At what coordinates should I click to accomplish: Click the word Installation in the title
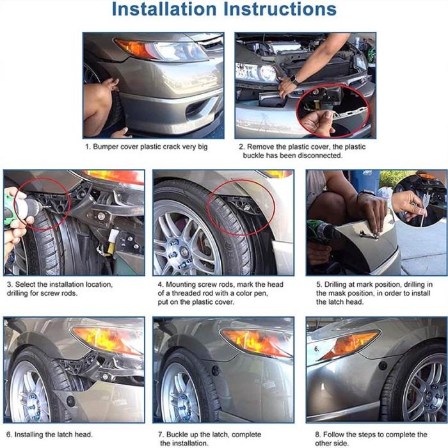click(164, 9)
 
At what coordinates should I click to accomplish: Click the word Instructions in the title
click(280, 9)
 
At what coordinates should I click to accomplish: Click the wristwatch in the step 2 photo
click(294, 80)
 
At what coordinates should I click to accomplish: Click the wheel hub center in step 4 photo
click(183, 252)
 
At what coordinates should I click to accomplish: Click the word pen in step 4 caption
click(261, 293)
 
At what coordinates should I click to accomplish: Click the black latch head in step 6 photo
click(70, 401)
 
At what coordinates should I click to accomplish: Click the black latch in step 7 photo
click(216, 371)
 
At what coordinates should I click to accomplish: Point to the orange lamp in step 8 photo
click(350, 344)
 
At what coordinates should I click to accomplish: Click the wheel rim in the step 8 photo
click(426, 389)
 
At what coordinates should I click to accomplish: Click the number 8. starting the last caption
click(318, 435)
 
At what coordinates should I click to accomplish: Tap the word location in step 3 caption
click(99, 285)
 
